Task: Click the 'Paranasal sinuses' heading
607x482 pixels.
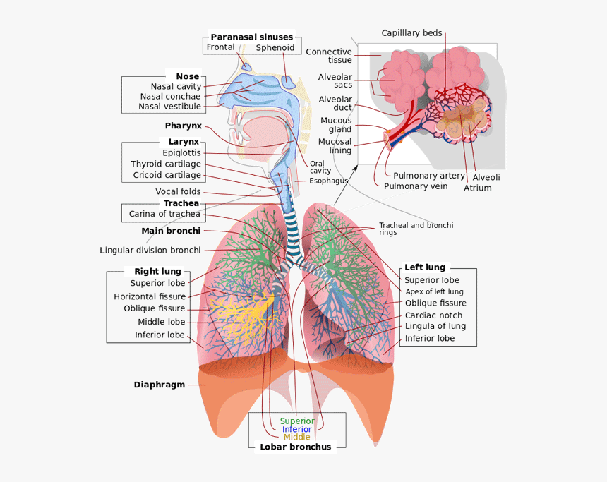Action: pyautogui.click(x=251, y=37)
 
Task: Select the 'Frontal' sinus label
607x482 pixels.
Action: pyautogui.click(x=220, y=48)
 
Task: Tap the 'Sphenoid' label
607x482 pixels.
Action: pyautogui.click(x=275, y=48)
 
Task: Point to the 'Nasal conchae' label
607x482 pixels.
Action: pyautogui.click(x=170, y=96)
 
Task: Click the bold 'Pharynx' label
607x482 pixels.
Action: pyautogui.click(x=184, y=126)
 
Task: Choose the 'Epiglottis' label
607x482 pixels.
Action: pyautogui.click(x=181, y=152)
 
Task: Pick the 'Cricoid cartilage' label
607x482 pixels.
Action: pyautogui.click(x=167, y=175)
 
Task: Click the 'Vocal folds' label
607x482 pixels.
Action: pyautogui.click(x=178, y=191)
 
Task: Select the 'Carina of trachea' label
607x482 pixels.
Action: pyautogui.click(x=164, y=214)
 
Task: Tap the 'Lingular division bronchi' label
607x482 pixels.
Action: pyautogui.click(x=150, y=250)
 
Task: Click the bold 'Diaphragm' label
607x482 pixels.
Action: pyautogui.click(x=160, y=385)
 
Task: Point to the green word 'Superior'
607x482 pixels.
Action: pyautogui.click(x=297, y=421)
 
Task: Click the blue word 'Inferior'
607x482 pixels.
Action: pyautogui.click(x=296, y=429)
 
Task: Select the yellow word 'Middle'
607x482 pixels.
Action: pyautogui.click(x=296, y=438)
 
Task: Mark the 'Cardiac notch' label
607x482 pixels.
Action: pyautogui.click(x=433, y=315)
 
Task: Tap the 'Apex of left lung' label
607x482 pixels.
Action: pyautogui.click(x=434, y=291)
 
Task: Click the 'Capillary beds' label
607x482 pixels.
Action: pyautogui.click(x=411, y=33)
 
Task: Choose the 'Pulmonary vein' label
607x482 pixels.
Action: pyautogui.click(x=416, y=186)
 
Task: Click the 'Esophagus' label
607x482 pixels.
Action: pyautogui.click(x=328, y=181)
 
